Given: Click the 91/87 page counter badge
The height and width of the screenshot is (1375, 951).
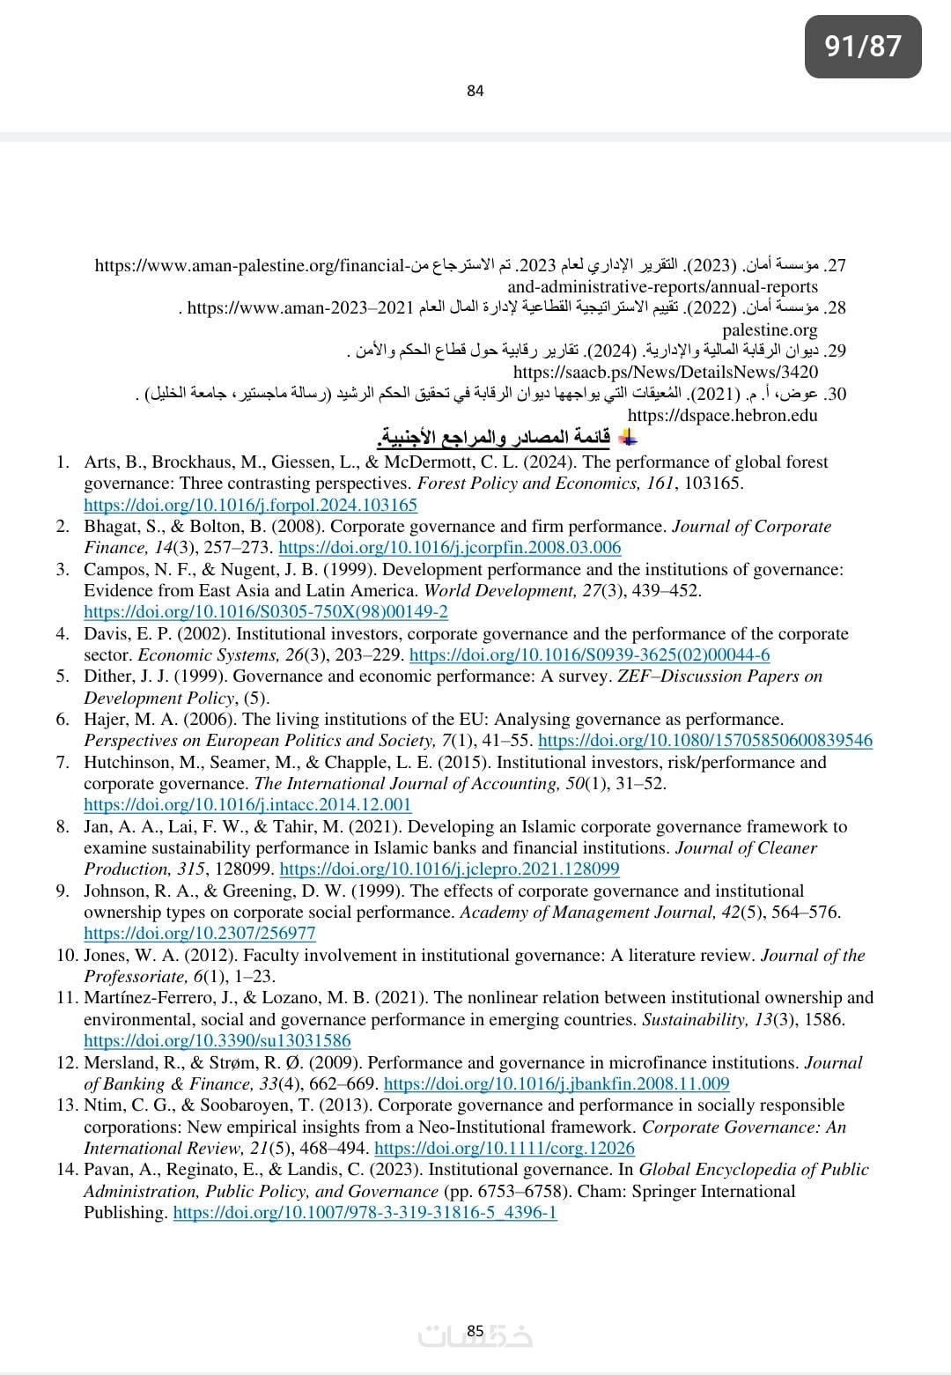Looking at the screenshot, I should (863, 46).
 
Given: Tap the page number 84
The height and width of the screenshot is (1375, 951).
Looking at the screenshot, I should (475, 91).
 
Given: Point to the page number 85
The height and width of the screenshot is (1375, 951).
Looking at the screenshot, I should (475, 1331).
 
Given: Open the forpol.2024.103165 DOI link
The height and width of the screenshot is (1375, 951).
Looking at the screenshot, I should (250, 505).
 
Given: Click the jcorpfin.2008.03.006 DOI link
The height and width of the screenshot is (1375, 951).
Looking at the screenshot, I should (449, 548).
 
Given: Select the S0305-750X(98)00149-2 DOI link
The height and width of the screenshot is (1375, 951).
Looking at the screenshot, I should (265, 611).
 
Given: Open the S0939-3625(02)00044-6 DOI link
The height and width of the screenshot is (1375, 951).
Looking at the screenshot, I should (589, 654).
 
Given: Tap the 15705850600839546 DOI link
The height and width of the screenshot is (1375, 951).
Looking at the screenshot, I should (704, 741).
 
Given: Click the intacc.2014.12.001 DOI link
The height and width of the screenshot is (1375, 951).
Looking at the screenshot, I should (247, 804).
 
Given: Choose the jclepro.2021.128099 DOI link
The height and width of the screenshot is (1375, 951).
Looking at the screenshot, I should (449, 869).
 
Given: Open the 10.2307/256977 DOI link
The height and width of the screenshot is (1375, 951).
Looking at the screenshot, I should (199, 933).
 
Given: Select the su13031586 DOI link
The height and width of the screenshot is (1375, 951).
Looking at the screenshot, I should (217, 1040).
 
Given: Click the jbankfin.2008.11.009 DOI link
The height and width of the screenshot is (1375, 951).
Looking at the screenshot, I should (557, 1083).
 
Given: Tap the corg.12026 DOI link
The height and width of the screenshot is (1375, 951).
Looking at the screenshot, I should (504, 1148).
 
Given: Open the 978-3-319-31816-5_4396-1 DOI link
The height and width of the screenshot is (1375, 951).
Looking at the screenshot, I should (365, 1213).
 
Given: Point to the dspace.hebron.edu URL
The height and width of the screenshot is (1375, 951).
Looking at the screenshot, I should (722, 415).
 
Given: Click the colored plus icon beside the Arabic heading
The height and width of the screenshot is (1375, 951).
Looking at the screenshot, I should (628, 438).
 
